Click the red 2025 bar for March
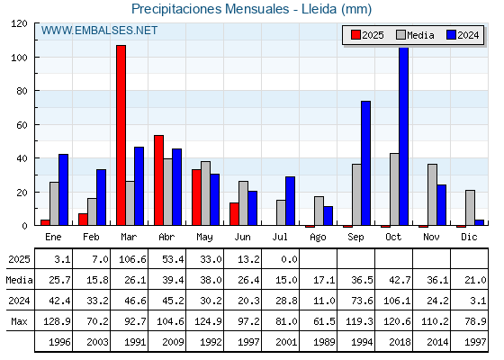(121, 135)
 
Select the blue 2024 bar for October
(404, 136)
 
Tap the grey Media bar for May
(206, 193)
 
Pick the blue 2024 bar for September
(365, 163)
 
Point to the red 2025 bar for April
(158, 180)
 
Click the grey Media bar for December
(470, 208)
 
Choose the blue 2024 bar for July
(290, 201)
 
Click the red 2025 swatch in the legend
(355, 35)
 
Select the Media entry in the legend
(415, 35)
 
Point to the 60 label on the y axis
(22, 125)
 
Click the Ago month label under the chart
(318, 237)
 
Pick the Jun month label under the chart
(242, 237)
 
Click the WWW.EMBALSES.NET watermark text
(99, 31)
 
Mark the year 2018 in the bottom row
(400, 342)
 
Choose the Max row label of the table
(19, 321)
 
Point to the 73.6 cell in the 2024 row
(362, 301)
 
